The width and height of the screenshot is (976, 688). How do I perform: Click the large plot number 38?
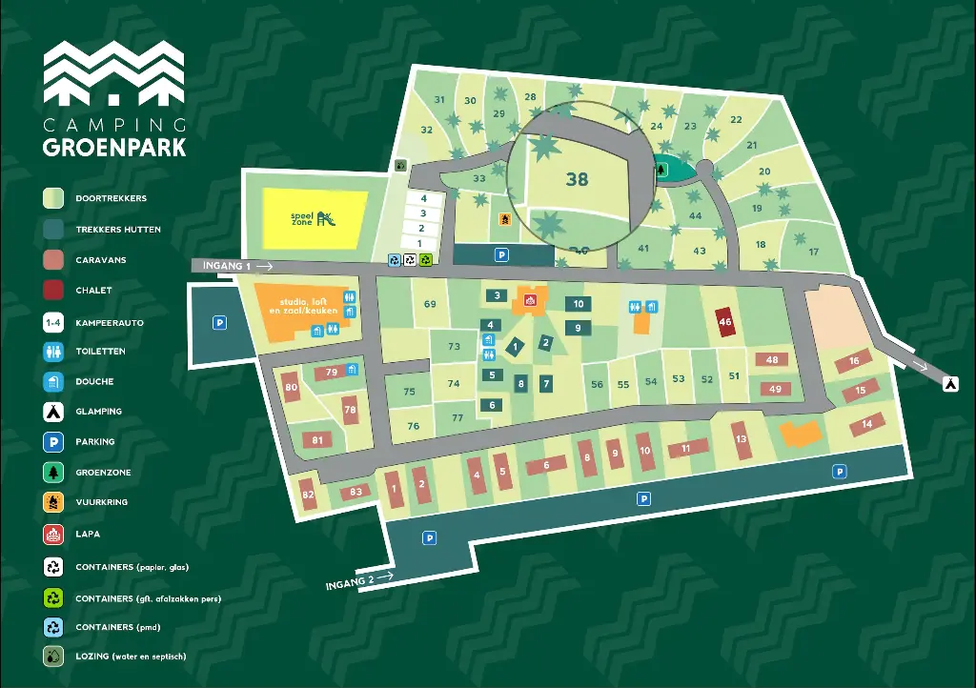pos(577,178)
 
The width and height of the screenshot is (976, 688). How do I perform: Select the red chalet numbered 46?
pos(725,322)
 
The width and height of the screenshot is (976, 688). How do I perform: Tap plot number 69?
pos(430,304)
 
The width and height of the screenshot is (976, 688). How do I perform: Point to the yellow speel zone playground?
pos(315,218)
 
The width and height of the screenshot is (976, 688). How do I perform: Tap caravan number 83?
pos(356,492)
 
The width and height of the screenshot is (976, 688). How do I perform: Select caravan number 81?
pos(317,439)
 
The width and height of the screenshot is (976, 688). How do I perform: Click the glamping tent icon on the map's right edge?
pos(950,383)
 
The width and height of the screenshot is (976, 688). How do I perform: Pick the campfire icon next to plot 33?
pos(504,218)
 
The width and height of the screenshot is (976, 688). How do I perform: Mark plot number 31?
pos(439,100)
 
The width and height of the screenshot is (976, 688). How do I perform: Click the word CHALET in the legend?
pos(93,291)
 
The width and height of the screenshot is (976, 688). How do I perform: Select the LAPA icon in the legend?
pos(53,534)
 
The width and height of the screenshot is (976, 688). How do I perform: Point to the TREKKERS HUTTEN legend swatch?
pos(53,229)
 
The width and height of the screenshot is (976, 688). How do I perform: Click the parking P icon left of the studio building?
pos(219,323)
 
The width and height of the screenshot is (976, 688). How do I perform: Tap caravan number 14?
pos(866,423)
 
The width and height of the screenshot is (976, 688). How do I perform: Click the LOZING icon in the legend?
pos(53,656)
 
